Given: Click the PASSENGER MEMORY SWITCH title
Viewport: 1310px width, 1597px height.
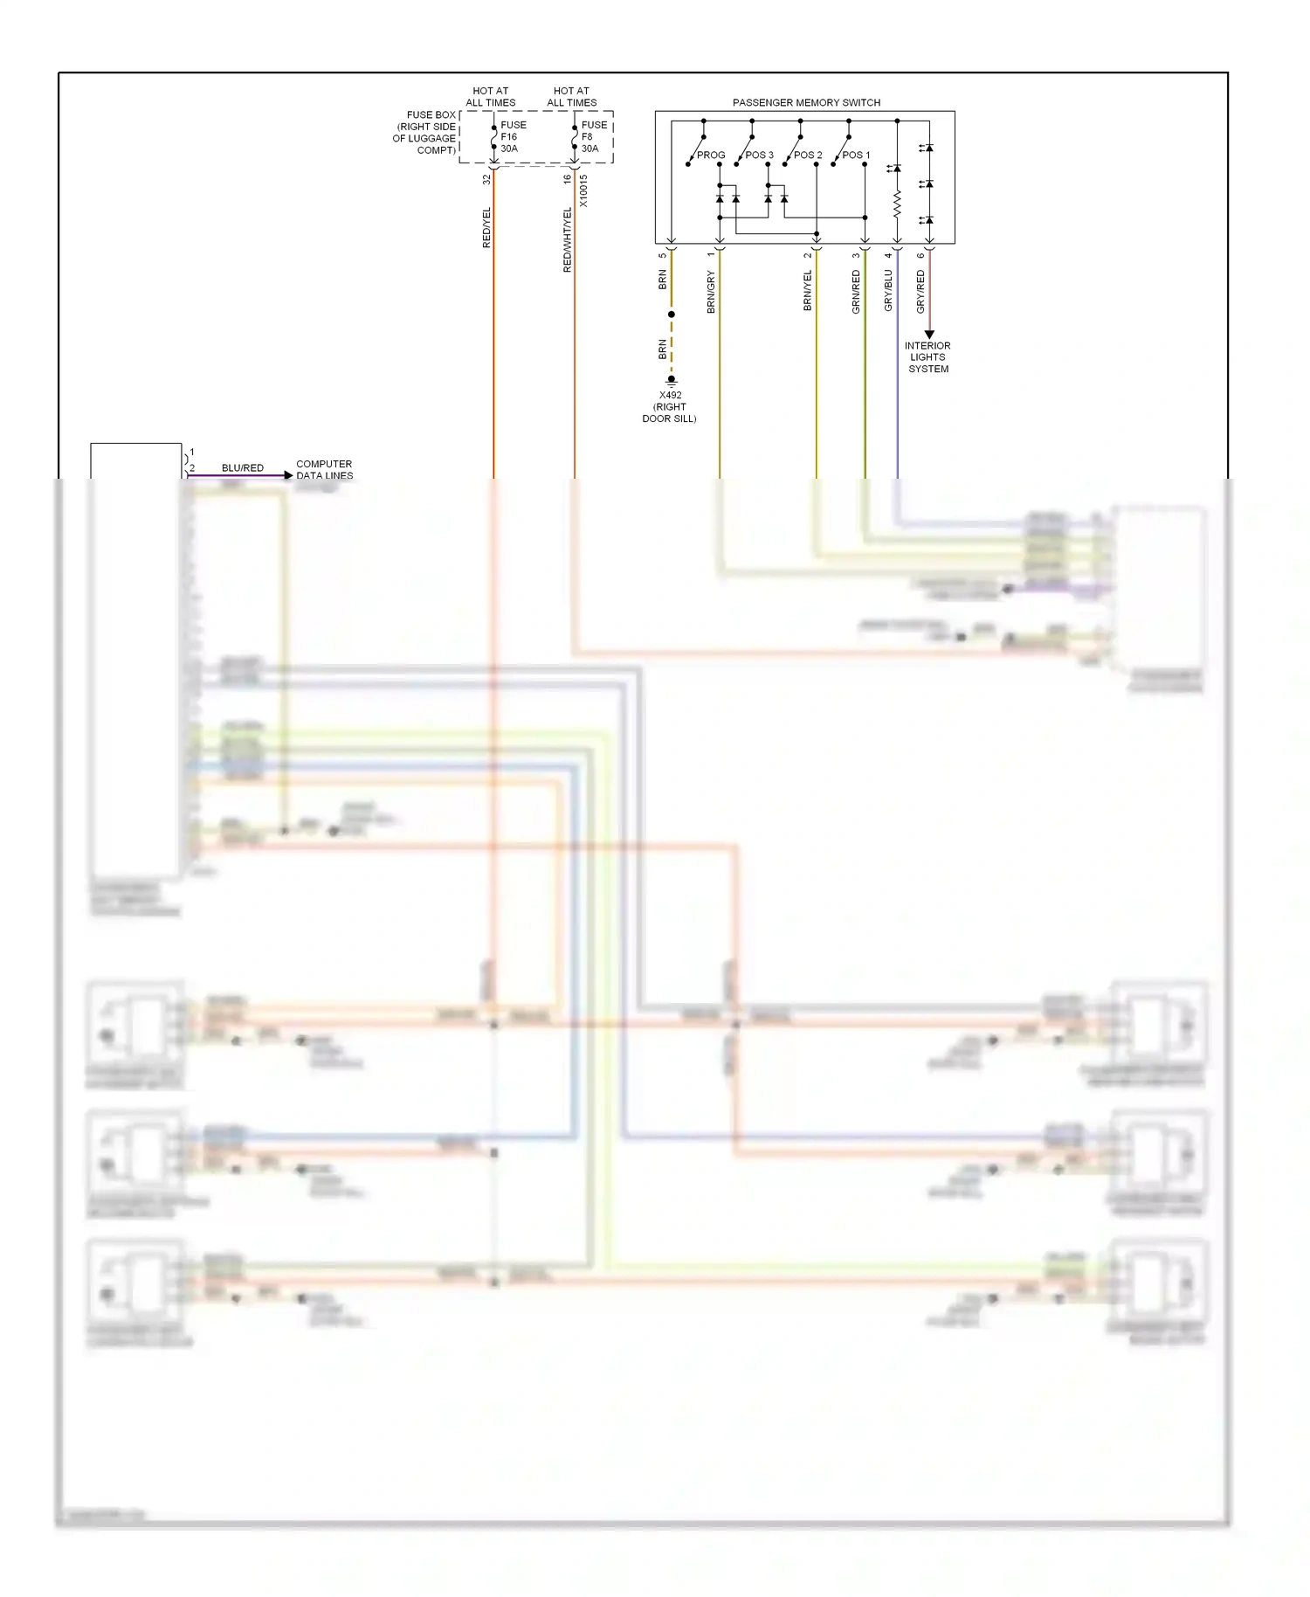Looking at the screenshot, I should pos(805,102).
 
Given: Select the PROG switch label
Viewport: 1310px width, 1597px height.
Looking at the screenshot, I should pos(711,156).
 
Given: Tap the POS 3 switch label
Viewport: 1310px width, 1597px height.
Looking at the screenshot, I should pos(759,156).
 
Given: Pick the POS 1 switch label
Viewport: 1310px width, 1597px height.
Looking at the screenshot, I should pos(856,156).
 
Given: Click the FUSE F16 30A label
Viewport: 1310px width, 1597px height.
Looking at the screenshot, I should pos(513,136).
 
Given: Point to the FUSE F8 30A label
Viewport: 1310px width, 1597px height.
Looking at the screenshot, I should pos(593,136).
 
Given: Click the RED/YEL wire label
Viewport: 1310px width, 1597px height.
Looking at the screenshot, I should pos(486,227).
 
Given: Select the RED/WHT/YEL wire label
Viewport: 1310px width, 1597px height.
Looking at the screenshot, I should pos(567,239).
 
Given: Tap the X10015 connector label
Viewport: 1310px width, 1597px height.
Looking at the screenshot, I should pos(583,190).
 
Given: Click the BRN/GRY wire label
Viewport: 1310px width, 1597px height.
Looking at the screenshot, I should pos(711,292).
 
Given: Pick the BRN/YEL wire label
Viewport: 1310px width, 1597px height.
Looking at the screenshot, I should pos(807,290).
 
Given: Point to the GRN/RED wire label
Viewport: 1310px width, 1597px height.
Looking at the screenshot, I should pos(856,291).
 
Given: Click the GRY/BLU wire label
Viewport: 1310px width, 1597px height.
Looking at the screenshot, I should pos(888,290).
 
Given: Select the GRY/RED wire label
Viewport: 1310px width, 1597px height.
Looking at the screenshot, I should pos(920,291).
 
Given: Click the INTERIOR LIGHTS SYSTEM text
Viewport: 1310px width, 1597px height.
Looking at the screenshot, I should pos(927,357).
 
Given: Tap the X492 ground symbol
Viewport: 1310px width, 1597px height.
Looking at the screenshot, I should pos(671,381).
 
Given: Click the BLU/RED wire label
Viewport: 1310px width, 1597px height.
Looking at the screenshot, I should pos(242,467).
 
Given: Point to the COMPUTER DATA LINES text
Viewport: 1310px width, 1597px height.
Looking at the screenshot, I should pos(324,469).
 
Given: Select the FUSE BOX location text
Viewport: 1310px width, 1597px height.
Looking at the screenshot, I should pos(425,133).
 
